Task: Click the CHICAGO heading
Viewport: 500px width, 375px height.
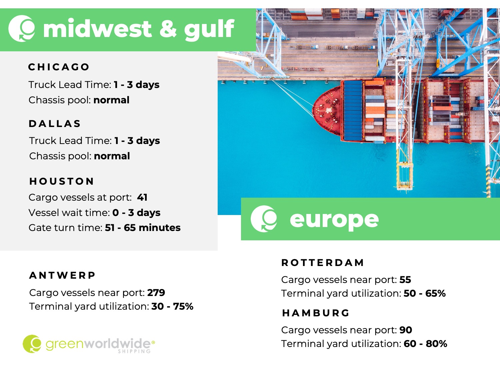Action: coord(59,67)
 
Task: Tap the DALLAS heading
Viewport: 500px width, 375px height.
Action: coord(55,124)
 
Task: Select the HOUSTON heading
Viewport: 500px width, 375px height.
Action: coord(62,181)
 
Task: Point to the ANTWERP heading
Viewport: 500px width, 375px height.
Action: coord(62,275)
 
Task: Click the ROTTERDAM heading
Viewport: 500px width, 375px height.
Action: coord(323,263)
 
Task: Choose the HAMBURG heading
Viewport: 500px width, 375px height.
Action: coord(315,313)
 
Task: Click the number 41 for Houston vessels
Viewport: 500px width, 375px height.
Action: coord(142,197)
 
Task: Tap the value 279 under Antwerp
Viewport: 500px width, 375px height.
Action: coord(156,293)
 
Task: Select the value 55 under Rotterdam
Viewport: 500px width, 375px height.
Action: coord(405,280)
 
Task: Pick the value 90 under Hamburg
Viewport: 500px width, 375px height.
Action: coord(406,330)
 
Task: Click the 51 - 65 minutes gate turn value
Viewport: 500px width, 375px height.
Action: coord(143,228)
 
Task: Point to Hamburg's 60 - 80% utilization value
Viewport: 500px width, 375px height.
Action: coord(425,344)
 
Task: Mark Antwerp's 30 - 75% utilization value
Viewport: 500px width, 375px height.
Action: coord(172,306)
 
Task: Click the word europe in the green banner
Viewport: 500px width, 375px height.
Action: coord(334,220)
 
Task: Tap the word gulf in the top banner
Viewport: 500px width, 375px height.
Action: coord(209,30)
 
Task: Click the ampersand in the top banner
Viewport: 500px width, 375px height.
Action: coord(168,29)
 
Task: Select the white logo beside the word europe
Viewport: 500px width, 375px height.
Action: coord(264,219)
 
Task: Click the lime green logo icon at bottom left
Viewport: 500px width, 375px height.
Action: coord(32,344)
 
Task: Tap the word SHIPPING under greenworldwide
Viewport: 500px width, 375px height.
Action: coord(134,351)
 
